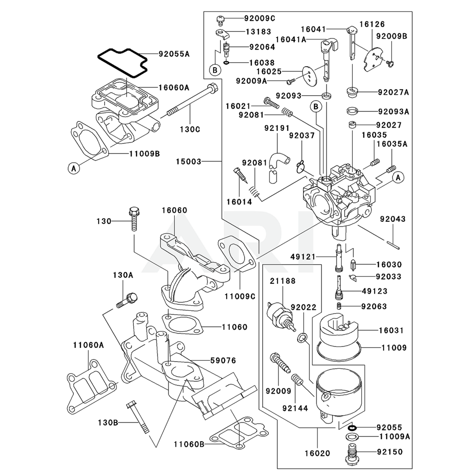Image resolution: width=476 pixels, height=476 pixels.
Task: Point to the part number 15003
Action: pyautogui.click(x=188, y=162)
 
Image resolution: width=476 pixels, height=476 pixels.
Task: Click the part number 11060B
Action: pyautogui.click(x=188, y=444)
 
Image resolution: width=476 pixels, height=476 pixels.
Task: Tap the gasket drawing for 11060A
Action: pyautogui.click(x=90, y=386)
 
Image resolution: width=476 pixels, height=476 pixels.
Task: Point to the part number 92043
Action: pyautogui.click(x=393, y=219)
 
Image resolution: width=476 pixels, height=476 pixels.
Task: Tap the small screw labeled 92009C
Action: pyautogui.click(x=220, y=19)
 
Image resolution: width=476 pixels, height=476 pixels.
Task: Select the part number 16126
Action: pyautogui.click(x=372, y=24)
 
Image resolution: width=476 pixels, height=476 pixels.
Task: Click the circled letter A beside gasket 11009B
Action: pyautogui.click(x=73, y=168)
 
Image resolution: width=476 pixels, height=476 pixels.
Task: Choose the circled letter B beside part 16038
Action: pyautogui.click(x=215, y=70)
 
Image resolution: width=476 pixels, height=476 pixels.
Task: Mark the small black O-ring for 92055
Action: pyautogui.click(x=351, y=427)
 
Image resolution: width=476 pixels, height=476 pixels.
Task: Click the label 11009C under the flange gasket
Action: pyautogui.click(x=240, y=296)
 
